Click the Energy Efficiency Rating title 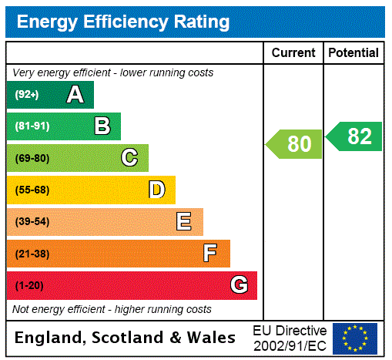[123, 22]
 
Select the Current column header [293, 53]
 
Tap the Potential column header [353, 53]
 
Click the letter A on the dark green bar [75, 95]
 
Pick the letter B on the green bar [102, 126]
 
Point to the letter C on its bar [129, 158]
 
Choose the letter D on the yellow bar [156, 190]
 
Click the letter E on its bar [184, 222]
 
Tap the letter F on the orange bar [210, 254]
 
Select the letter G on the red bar [239, 285]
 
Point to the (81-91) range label [32, 126]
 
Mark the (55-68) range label [32, 190]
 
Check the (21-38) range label [32, 254]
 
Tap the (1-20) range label [29, 285]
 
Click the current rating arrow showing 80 [296, 144]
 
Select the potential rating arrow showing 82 [356, 136]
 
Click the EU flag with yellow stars [355, 338]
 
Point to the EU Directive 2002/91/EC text [290, 338]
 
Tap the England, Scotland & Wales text [126, 338]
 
